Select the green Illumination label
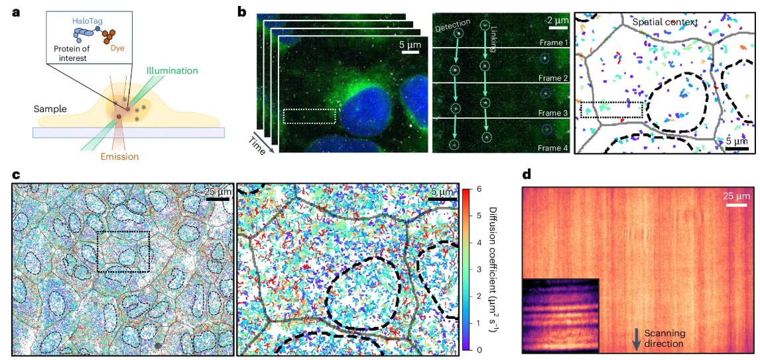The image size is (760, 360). click(172, 69)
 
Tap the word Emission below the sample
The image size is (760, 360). click(120, 157)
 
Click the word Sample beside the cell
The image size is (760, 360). click(53, 107)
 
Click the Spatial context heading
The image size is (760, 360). click(665, 22)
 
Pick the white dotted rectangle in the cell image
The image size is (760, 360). click(309, 116)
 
